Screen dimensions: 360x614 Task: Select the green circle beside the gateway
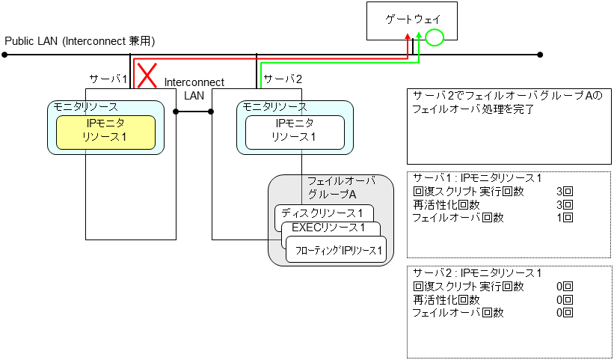tap(435, 37)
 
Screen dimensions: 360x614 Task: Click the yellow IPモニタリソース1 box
tap(105, 132)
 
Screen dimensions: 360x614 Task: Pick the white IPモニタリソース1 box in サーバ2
tap(295, 132)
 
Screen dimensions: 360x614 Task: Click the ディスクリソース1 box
tap(323, 213)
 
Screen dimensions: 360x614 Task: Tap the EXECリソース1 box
tap(329, 228)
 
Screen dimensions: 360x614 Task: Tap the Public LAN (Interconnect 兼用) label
tap(80, 40)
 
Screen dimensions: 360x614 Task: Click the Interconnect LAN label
tap(194, 88)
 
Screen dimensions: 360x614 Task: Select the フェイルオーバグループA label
tap(340, 187)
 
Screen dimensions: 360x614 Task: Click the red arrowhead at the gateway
tap(407, 36)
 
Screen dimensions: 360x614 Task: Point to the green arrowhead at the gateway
tap(420, 36)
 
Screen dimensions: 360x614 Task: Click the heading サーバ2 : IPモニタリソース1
tap(477, 273)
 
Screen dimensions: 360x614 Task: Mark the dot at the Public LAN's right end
tap(540, 54)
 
